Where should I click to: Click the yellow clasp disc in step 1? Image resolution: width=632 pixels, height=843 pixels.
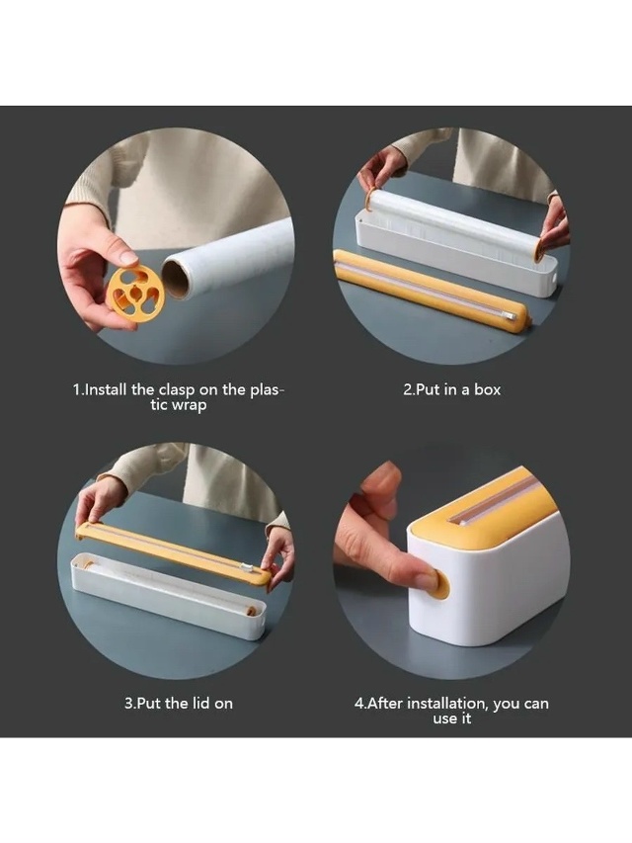coord(134,291)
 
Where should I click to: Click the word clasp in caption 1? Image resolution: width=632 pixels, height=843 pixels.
coord(177,389)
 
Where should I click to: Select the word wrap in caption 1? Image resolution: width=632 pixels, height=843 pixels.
coord(188,405)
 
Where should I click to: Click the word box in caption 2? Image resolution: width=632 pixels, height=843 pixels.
coord(487,389)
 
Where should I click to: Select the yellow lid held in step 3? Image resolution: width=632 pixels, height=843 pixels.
coord(174,553)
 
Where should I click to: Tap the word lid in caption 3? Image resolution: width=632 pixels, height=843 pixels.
coord(198,703)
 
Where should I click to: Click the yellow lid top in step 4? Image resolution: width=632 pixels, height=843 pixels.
coord(484,505)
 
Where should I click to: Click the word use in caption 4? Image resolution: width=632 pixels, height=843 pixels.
coord(443,718)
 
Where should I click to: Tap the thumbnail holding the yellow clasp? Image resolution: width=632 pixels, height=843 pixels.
coord(129,257)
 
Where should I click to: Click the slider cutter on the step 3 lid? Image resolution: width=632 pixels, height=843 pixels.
coord(247,566)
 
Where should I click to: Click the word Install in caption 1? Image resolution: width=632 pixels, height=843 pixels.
coord(106,389)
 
